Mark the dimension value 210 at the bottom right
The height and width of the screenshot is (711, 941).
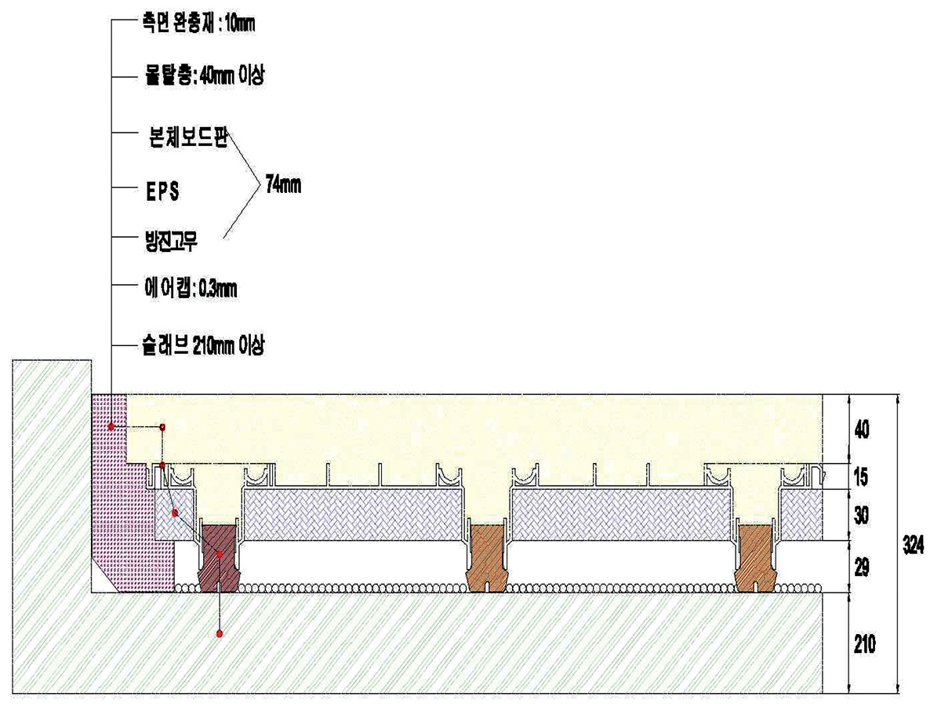863,644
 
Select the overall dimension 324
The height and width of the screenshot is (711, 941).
911,543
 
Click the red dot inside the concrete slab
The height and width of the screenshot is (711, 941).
220,633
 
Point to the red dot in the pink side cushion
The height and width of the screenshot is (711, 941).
112,427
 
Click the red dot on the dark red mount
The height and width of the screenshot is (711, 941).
220,554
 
